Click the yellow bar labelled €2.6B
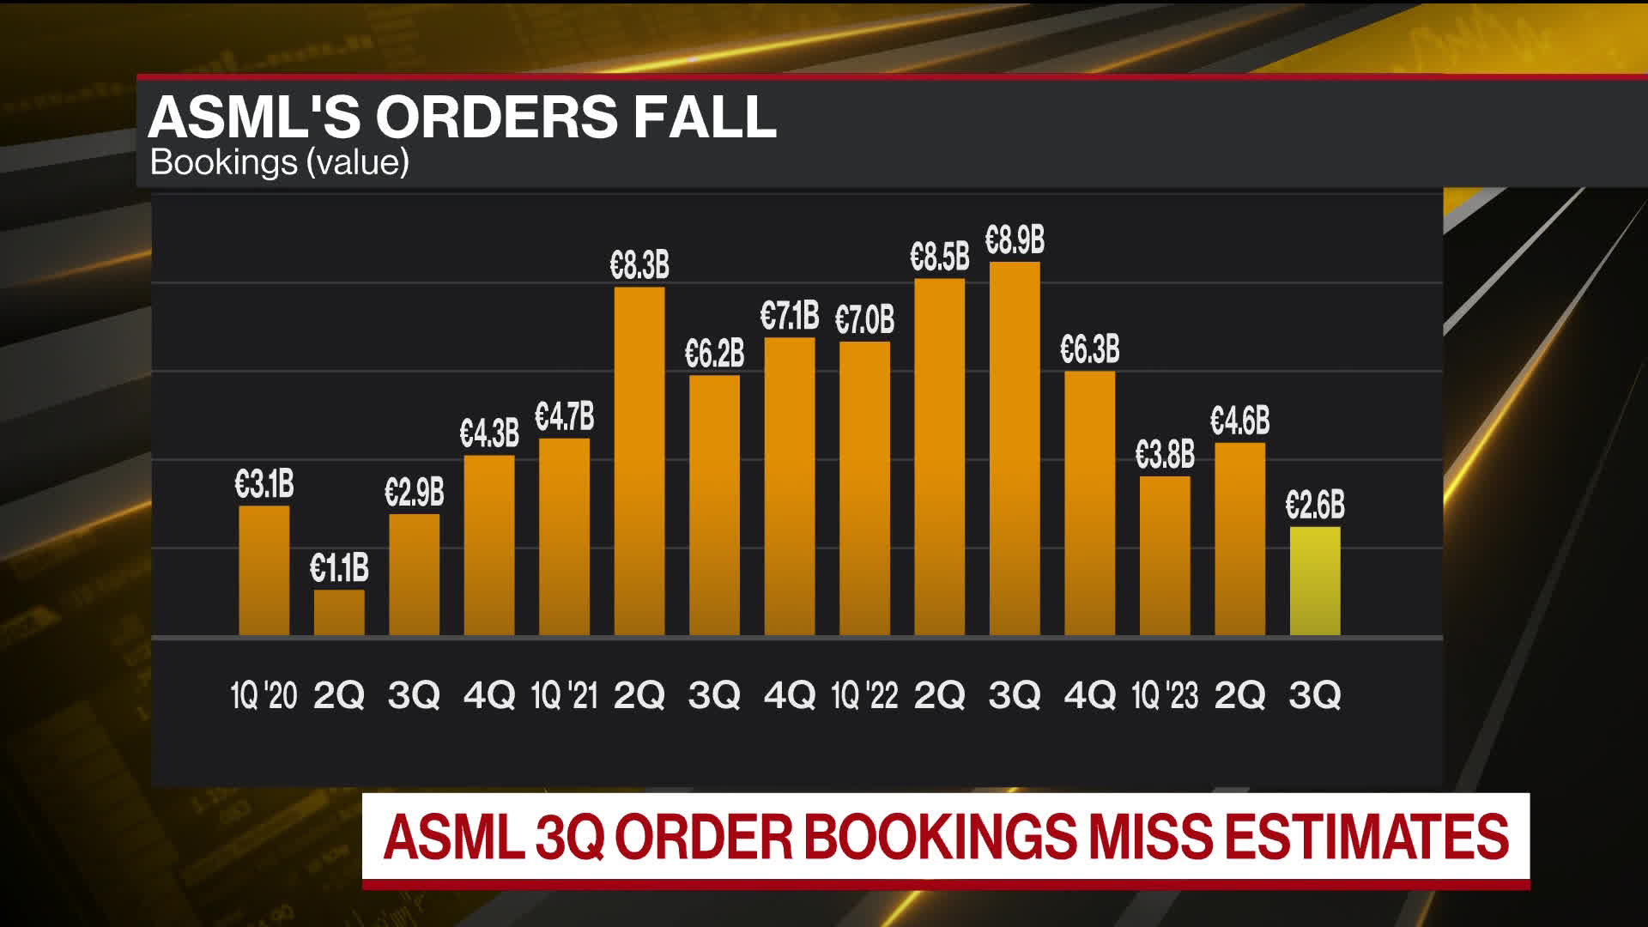point(1314,581)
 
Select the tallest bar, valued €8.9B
point(1015,449)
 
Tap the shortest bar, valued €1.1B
point(339,612)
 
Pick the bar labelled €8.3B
point(639,461)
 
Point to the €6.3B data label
point(1089,349)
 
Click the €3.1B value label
point(264,484)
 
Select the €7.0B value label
point(864,320)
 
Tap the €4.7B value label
point(564,417)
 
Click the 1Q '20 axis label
point(264,694)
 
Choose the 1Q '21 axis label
point(564,694)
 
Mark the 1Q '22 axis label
point(864,694)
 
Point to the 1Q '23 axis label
point(1165,694)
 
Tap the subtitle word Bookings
point(223,162)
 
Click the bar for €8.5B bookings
point(939,457)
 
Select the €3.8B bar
point(1165,555)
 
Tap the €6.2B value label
point(714,354)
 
